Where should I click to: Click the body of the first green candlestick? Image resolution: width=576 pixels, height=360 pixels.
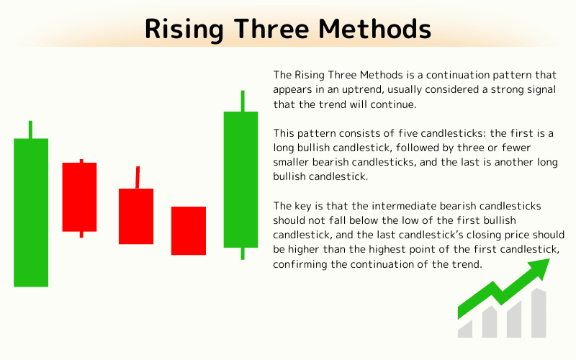(x=31, y=212)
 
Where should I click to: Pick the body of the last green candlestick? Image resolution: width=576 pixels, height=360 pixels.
(x=241, y=179)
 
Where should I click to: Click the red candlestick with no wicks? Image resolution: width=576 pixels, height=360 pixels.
(x=189, y=230)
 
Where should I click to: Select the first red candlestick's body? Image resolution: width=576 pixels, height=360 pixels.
(x=79, y=197)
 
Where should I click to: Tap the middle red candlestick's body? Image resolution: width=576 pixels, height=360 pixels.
(x=136, y=216)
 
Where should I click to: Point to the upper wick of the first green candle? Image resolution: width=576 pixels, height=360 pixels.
(x=30, y=130)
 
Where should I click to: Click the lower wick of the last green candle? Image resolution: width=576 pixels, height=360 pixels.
(x=242, y=253)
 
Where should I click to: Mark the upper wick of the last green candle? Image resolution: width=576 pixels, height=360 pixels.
(x=243, y=101)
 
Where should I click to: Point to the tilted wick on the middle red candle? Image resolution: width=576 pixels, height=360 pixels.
(x=137, y=177)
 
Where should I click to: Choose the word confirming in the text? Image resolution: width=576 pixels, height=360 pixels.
(x=297, y=265)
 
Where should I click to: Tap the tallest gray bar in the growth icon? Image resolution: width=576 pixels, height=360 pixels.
(x=537, y=314)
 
